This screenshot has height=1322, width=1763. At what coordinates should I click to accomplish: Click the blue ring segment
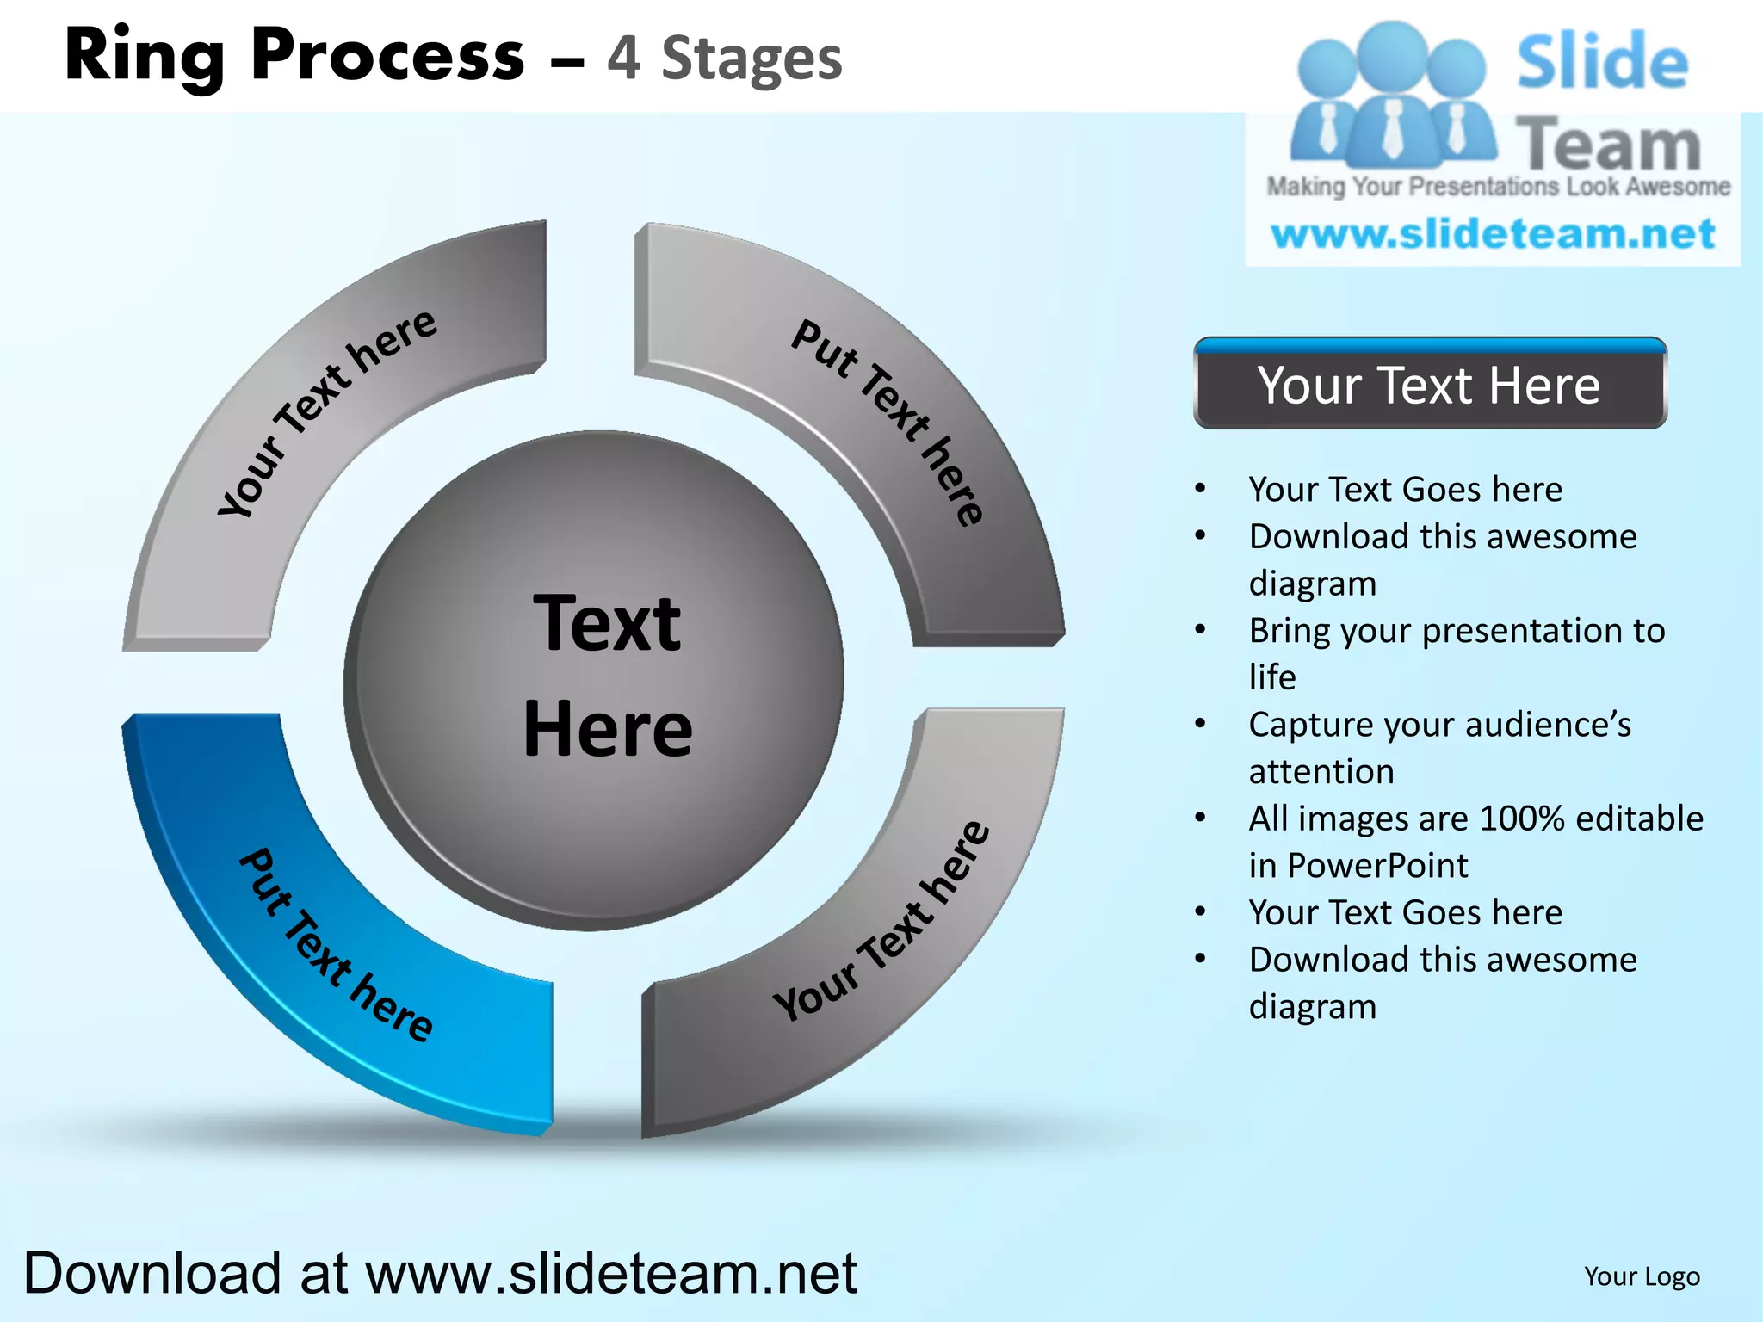[x=336, y=947]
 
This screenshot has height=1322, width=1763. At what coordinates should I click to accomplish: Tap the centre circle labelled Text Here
[x=594, y=680]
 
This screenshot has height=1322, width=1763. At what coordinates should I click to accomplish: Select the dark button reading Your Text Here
[x=1430, y=385]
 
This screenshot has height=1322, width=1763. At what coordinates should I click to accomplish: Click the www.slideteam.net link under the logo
[x=1494, y=234]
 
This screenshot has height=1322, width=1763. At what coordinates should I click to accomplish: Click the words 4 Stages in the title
[x=725, y=59]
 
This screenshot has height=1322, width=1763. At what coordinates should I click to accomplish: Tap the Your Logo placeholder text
[x=1642, y=1276]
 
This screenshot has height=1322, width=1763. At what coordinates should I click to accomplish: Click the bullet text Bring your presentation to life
[x=1457, y=653]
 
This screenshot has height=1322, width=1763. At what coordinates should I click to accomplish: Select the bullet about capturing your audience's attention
[x=1439, y=747]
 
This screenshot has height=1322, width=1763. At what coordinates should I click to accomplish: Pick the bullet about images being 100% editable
[x=1475, y=841]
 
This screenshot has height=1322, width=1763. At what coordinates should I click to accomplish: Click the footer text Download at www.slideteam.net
[x=440, y=1273]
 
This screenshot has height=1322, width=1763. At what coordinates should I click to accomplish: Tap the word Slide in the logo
[x=1602, y=62]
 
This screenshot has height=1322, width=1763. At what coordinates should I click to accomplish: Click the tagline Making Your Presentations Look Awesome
[x=1498, y=187]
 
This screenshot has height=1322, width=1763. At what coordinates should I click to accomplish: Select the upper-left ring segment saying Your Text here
[x=327, y=413]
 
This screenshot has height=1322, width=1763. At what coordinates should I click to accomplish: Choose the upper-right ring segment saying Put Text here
[x=887, y=422]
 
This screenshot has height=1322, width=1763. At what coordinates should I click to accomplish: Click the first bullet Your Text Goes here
[x=1405, y=489]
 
